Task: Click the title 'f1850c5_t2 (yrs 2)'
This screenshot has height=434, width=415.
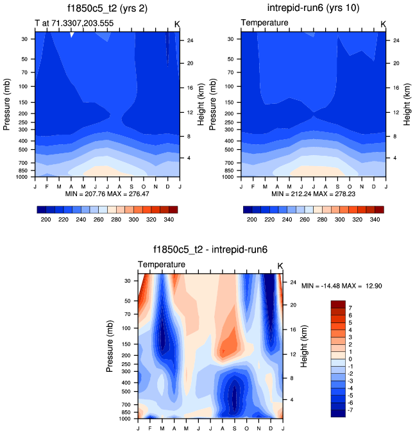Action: tap(106, 9)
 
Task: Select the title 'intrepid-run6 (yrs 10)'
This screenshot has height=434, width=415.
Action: tap(313, 9)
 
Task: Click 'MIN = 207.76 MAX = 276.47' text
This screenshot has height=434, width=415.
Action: tap(107, 194)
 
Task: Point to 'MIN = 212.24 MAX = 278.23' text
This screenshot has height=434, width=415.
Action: tap(313, 194)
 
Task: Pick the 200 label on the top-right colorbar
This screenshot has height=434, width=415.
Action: tap(251, 219)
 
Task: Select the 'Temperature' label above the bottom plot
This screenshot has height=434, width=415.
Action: tap(162, 265)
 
